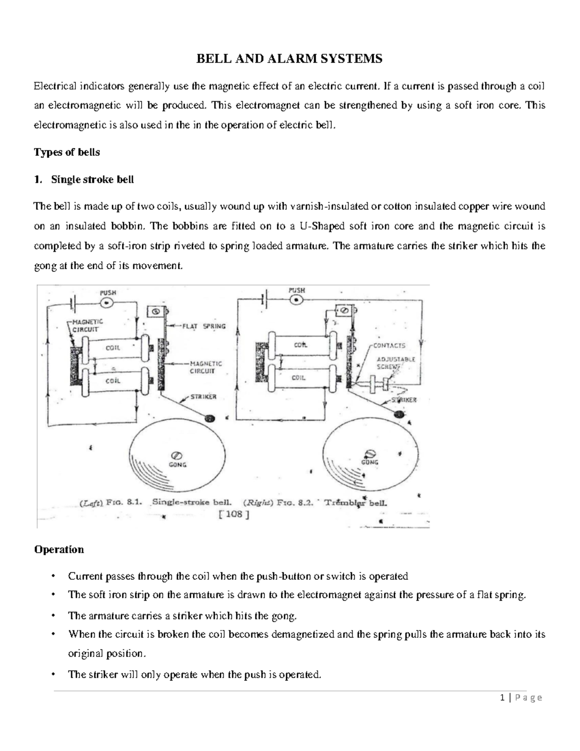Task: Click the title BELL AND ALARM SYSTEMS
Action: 289,59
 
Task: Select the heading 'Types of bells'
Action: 67,152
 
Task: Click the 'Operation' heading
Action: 58,549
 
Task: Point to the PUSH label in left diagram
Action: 108,293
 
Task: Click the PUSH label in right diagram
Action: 296,290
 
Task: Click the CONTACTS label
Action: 389,345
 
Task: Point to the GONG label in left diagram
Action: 177,465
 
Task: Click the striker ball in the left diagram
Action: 209,419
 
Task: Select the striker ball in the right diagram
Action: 399,414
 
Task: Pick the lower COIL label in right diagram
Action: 299,378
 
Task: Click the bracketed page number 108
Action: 234,515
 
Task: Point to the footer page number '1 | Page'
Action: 522,697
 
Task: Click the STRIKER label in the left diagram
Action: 203,397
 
